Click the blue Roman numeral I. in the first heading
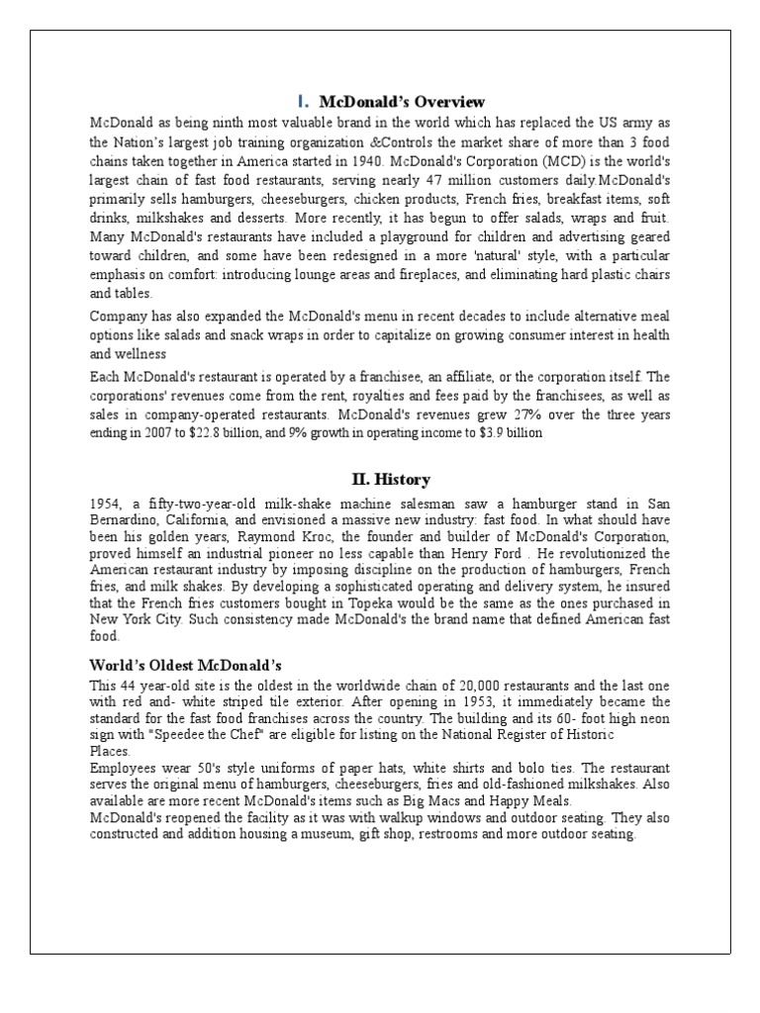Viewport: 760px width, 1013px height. (x=303, y=102)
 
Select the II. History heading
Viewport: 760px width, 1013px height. (x=391, y=480)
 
